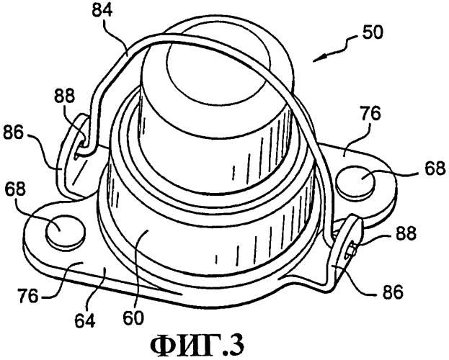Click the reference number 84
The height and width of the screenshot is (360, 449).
[x=102, y=12]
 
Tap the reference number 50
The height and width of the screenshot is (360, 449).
[x=372, y=33]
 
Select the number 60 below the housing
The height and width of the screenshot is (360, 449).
[x=133, y=318]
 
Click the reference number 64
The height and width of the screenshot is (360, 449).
[x=85, y=321]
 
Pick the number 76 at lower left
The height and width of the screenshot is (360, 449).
[x=27, y=295]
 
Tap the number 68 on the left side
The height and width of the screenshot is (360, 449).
[x=15, y=189]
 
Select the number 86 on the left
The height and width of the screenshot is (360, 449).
[x=13, y=132]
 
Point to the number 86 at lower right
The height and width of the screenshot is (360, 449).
[x=392, y=292]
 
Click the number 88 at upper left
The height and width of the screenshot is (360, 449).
[x=63, y=96]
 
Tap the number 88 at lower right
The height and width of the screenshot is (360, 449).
[x=406, y=233]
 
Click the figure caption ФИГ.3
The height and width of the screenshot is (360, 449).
[x=197, y=346]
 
